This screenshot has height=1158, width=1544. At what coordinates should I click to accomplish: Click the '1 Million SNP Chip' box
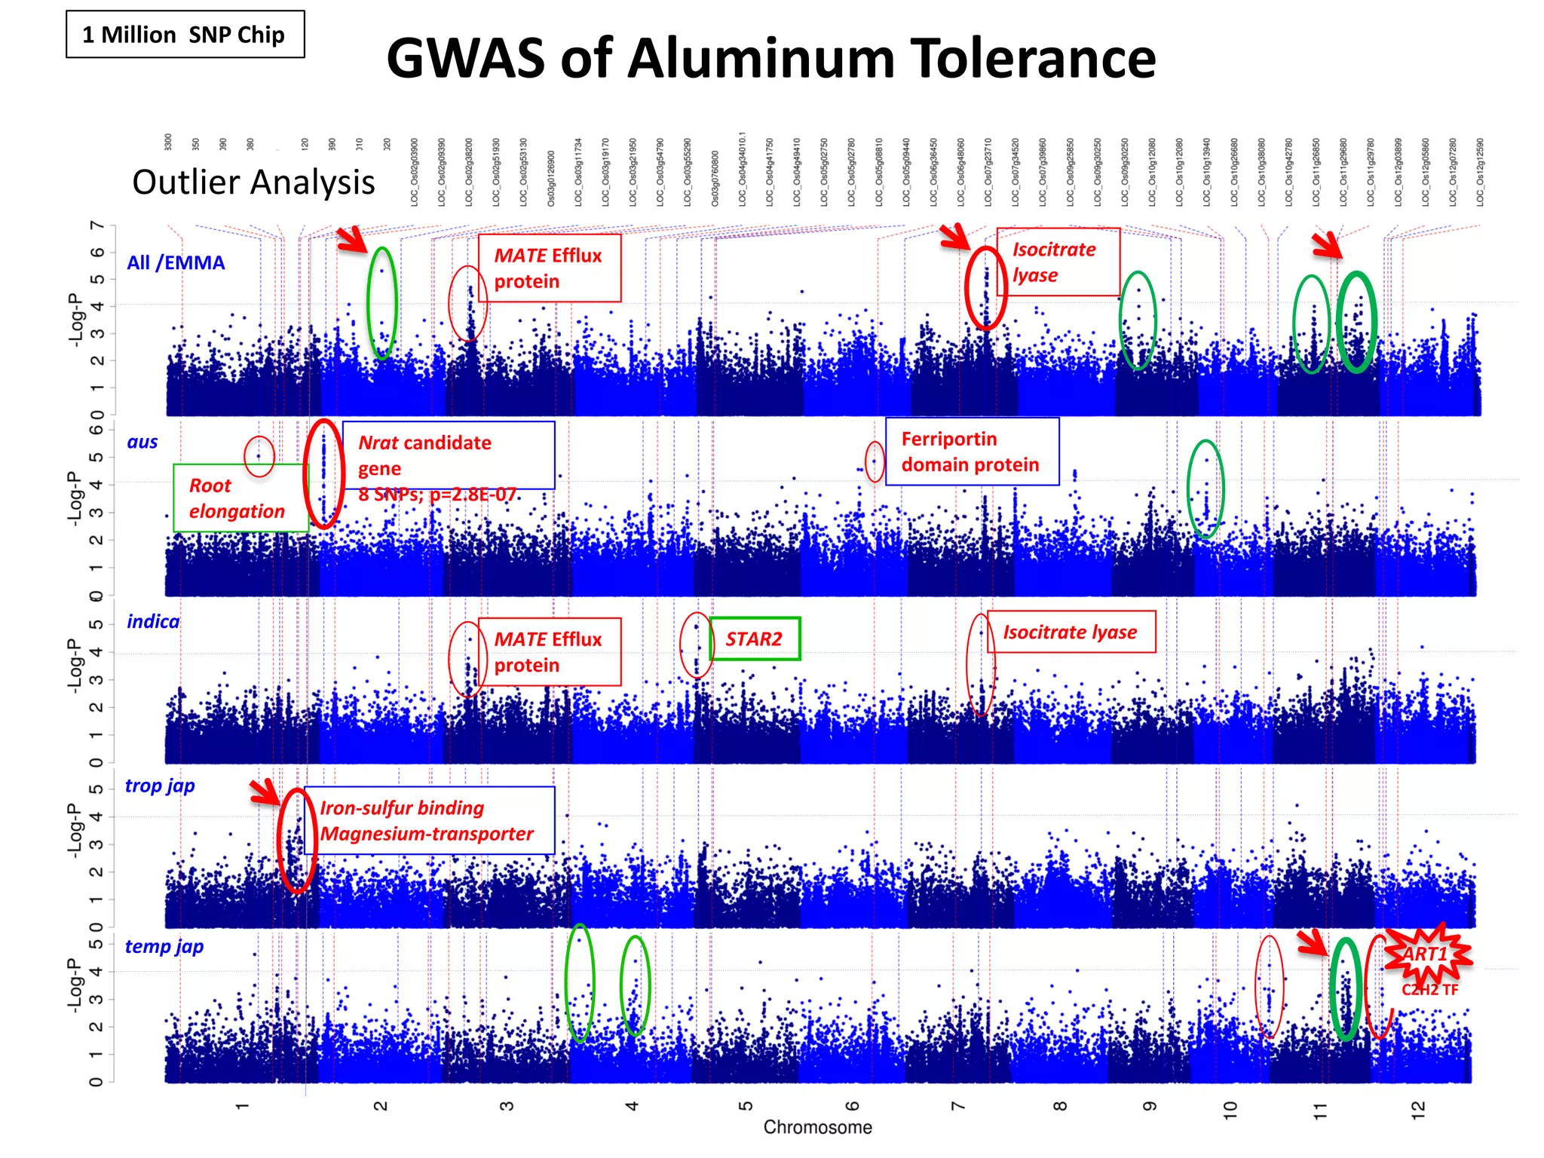185,35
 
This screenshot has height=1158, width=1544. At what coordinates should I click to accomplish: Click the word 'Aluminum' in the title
761,59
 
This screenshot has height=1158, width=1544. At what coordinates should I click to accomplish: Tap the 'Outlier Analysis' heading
253,182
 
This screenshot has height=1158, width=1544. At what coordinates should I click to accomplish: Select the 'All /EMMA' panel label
176,262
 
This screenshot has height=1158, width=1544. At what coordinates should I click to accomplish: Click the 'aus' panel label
142,442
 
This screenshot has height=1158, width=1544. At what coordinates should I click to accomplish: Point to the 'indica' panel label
153,621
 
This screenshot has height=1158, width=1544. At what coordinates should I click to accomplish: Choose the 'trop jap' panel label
160,786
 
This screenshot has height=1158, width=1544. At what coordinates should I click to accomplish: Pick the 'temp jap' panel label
164,946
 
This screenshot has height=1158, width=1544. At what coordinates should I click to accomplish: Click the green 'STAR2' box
754,639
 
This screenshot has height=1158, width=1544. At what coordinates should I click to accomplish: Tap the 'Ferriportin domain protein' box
971,452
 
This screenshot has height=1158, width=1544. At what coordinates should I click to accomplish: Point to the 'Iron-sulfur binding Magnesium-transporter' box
427,820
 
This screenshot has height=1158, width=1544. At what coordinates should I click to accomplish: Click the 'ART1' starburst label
1426,955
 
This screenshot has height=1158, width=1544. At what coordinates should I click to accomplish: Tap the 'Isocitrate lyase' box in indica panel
1070,632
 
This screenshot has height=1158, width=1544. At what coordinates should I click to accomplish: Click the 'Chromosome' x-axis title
817,1127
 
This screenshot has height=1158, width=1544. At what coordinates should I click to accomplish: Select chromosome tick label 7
958,1106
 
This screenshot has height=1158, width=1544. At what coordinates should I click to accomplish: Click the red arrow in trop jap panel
265,792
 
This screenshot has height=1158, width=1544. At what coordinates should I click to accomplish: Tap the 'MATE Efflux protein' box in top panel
548,268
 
